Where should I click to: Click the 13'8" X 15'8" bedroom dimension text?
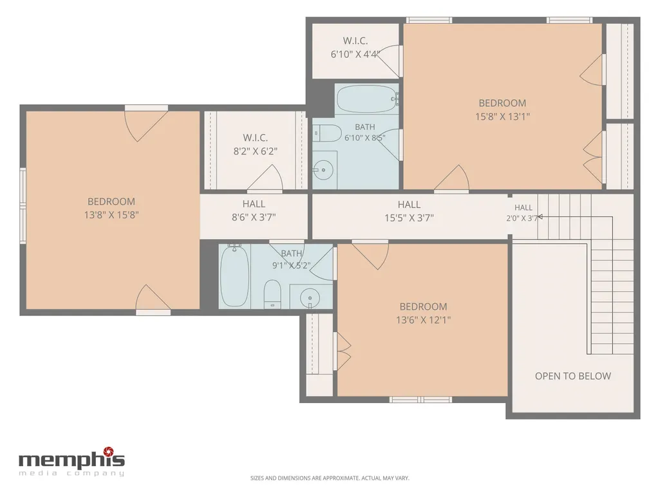[111, 215]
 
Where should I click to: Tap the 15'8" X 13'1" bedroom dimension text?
[503, 117]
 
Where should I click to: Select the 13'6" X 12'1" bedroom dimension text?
[423, 320]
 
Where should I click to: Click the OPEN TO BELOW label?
[573, 376]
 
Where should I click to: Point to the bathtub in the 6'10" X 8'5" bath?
[368, 99]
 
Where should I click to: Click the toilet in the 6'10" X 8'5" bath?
[327, 133]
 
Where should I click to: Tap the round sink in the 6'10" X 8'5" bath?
[323, 170]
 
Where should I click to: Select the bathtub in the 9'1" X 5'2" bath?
[234, 276]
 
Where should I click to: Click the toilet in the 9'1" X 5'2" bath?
[272, 294]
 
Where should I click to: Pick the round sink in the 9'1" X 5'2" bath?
[310, 297]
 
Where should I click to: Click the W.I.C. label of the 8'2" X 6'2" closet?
[256, 138]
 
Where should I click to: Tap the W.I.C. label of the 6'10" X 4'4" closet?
[355, 41]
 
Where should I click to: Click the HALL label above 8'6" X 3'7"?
[254, 204]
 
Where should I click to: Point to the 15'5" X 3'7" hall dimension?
[409, 218]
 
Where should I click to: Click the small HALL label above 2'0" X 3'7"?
[523, 207]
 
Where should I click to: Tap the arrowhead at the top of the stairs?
[540, 217]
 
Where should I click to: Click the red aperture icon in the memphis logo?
[109, 452]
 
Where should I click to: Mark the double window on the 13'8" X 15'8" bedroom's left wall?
[23, 205]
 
